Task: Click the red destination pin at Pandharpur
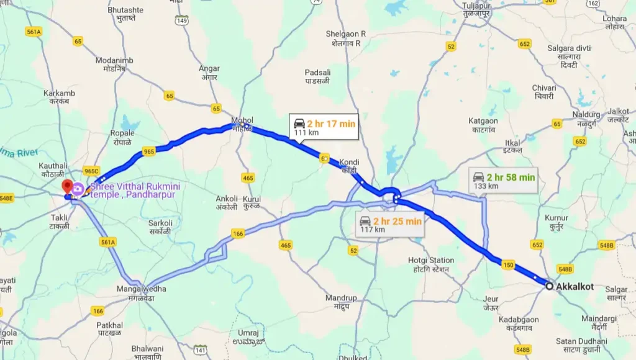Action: pos(66,187)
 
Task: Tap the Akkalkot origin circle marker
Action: pos(549,286)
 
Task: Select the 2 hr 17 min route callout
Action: pos(324,127)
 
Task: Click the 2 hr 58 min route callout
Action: pos(502,180)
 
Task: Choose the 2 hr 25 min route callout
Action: pos(390,224)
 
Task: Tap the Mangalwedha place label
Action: pos(142,292)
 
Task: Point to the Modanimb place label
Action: pos(114,64)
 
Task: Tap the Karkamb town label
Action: pos(60,97)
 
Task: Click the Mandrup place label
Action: pos(342,302)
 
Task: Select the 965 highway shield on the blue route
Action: pos(148,151)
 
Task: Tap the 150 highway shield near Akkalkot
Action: pos(508,266)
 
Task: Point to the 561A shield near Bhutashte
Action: pos(34,32)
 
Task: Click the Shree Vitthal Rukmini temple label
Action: pos(132,190)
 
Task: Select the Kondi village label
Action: pos(349,166)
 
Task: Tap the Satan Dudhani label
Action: pos(581,344)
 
